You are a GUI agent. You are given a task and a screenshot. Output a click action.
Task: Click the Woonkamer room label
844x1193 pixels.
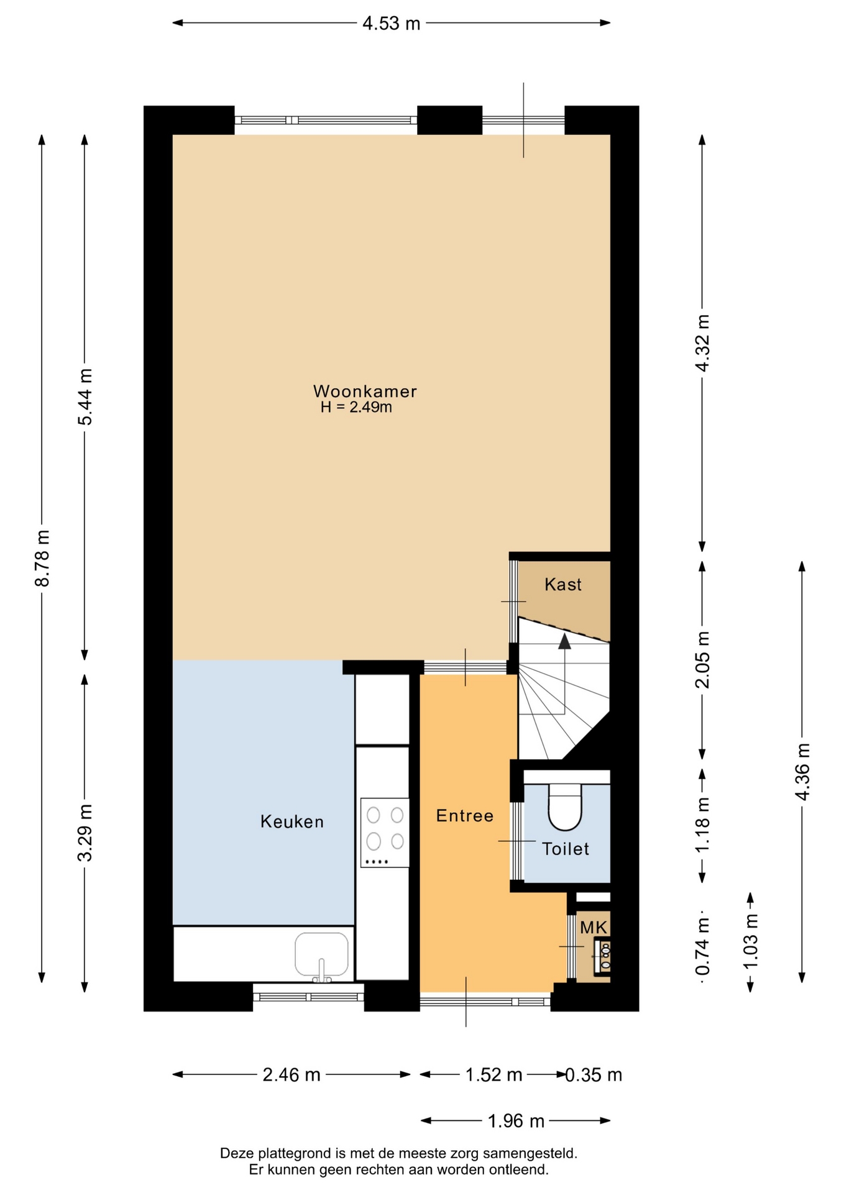pos(365,391)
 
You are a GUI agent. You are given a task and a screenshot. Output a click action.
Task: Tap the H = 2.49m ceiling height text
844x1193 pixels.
pos(356,408)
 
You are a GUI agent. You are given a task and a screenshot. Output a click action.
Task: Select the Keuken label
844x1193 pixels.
pos(292,822)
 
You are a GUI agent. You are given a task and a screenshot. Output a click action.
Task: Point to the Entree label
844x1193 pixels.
pos(465,816)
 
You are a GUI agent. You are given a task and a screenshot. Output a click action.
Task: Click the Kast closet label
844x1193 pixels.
pos(563,585)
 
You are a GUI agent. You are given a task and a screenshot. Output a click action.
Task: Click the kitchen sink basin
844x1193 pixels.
pos(321,954)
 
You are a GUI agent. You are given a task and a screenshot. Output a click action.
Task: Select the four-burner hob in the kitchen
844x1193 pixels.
pos(385,833)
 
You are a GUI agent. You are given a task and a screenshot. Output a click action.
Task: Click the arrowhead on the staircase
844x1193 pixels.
pos(564,641)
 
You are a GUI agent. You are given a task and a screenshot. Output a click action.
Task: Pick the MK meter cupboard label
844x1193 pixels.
pos(594,928)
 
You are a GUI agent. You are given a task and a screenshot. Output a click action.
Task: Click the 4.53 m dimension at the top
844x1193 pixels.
pos(392,24)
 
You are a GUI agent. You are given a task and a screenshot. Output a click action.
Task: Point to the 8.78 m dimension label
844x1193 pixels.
pos(42,558)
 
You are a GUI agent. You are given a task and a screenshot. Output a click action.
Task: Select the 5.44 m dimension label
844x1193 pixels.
pos(85,397)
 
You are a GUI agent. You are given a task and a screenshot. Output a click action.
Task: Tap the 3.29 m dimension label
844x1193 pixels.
pos(85,833)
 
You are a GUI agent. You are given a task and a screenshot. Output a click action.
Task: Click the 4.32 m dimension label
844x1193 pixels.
pos(702,343)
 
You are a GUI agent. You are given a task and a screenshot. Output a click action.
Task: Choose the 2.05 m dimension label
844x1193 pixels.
pos(702,659)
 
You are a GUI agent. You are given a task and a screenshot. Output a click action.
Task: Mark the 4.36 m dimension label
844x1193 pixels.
pos(802,772)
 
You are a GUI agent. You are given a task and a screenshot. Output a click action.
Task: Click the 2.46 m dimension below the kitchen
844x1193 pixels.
pos(291,1075)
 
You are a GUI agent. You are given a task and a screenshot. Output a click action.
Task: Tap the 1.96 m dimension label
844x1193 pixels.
pos(516,1121)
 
